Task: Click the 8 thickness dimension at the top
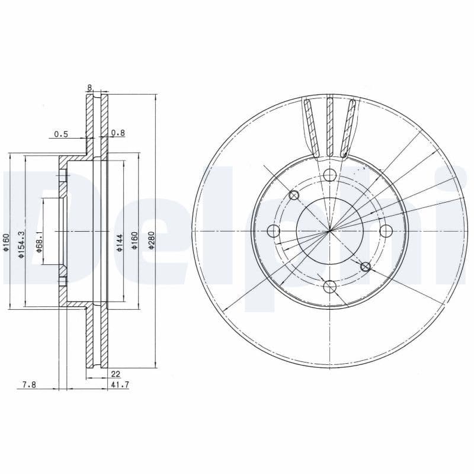89,88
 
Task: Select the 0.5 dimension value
61,134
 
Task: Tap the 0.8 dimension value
118,133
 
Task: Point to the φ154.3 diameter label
21,244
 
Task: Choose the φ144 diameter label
119,243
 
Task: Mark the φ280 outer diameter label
152,240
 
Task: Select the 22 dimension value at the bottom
115,374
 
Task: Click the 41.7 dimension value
120,385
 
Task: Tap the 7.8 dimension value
29,385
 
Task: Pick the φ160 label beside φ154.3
6,244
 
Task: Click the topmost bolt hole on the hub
330,174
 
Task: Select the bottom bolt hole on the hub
330,287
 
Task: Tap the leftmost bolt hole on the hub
274,230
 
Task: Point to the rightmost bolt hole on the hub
386,230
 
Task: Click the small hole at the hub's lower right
366,267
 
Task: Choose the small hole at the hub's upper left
293,196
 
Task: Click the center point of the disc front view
330,230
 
